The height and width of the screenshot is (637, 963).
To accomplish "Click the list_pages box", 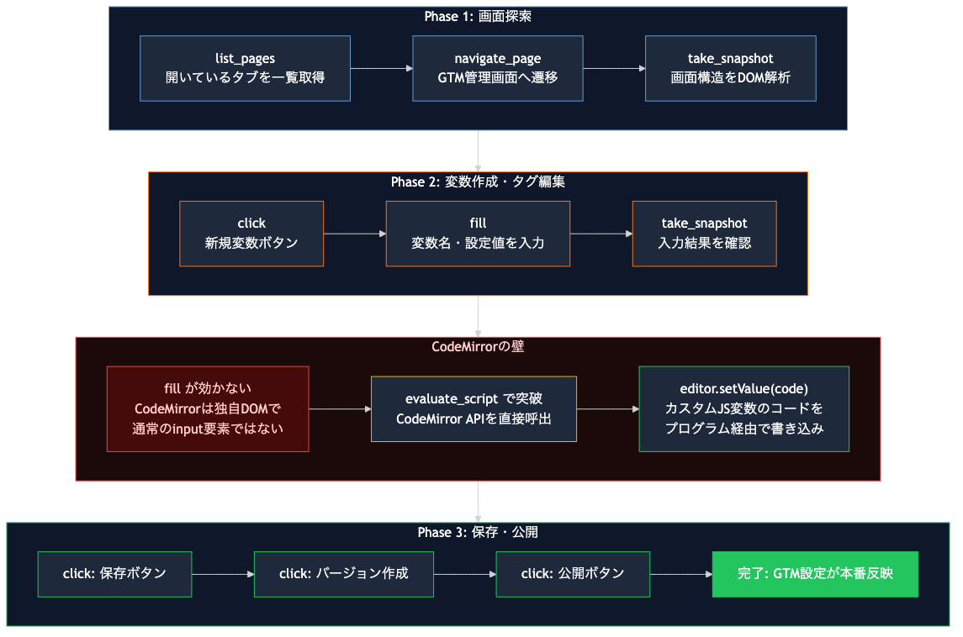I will [x=245, y=68].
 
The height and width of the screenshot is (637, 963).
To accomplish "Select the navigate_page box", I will [x=498, y=68].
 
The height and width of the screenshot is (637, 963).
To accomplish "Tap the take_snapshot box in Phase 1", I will [x=730, y=68].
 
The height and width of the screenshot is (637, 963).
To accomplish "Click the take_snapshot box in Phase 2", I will [x=704, y=234].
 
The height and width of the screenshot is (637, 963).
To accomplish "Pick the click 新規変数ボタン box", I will [x=251, y=234].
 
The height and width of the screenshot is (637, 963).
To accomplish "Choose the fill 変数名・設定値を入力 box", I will [x=478, y=234].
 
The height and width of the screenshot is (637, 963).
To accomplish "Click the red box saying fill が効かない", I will [x=208, y=408].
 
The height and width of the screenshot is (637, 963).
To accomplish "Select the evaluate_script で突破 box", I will [x=474, y=408].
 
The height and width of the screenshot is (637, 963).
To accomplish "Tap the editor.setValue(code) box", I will [x=743, y=408].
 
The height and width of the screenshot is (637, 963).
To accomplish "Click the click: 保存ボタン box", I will [x=114, y=574].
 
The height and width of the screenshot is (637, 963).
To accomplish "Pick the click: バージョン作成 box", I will [x=343, y=574].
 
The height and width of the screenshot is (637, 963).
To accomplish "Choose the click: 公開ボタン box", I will [x=573, y=574].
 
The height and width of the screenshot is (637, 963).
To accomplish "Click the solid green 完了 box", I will [x=815, y=574].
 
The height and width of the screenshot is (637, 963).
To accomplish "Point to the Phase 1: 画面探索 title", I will [x=478, y=17].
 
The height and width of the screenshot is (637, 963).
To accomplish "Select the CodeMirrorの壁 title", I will [x=478, y=346].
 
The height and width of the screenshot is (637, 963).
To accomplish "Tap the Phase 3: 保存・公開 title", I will [x=478, y=532].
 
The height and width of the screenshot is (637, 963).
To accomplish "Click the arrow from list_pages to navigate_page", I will [x=381, y=68].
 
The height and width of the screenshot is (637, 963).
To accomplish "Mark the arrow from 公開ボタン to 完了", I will [x=680, y=574].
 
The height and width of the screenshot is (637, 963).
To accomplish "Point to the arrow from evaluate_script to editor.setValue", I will [x=607, y=408].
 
